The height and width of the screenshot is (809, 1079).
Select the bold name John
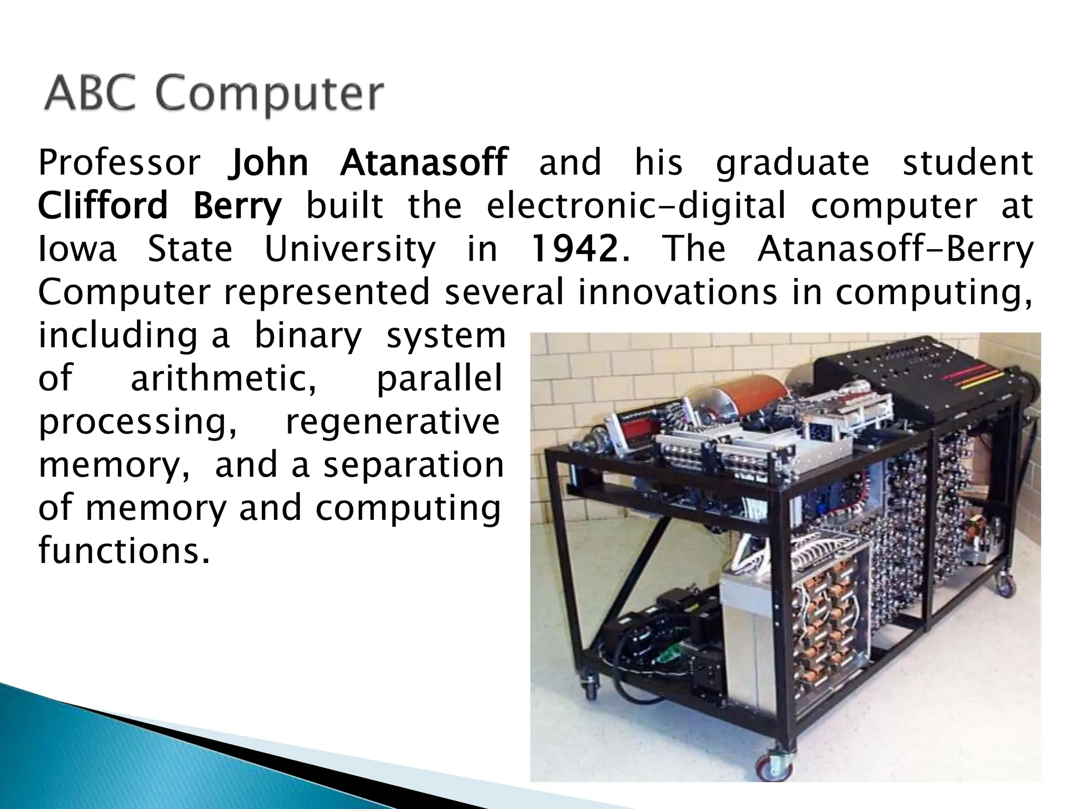pos(268,162)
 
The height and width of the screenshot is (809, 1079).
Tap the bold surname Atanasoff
pos(424,162)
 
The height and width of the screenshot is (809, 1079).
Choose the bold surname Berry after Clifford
pos(237,206)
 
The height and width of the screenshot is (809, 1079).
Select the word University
pos(350,250)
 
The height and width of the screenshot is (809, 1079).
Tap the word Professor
pos(119,162)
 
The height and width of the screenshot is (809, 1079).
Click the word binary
pos(308,336)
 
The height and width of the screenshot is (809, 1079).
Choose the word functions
pos(121,551)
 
